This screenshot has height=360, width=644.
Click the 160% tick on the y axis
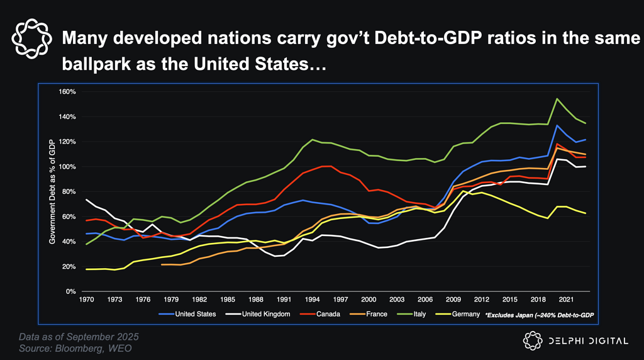click(67, 92)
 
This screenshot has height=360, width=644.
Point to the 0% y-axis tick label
click(70, 292)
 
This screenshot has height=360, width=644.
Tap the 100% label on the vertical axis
click(67, 167)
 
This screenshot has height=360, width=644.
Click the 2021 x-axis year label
click(565, 300)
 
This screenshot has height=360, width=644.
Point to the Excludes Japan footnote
click(540, 314)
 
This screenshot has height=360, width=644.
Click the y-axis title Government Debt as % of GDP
click(53, 192)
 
